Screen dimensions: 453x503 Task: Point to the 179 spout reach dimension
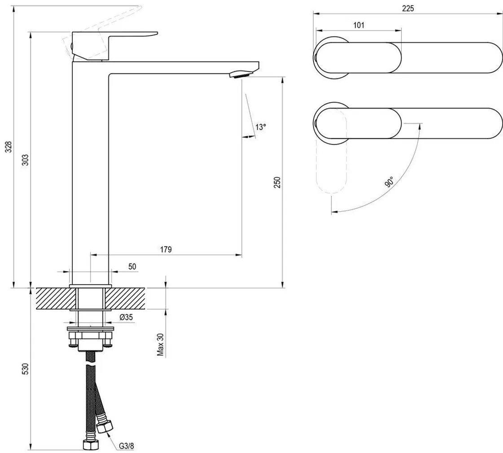point(166,250)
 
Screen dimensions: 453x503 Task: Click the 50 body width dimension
point(132,266)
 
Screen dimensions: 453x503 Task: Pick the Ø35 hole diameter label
point(126,318)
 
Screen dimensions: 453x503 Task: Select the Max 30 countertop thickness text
point(160,344)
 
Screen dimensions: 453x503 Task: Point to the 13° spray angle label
point(261,127)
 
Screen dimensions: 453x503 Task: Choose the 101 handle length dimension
point(359,25)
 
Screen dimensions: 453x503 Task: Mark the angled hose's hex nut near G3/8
point(106,427)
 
